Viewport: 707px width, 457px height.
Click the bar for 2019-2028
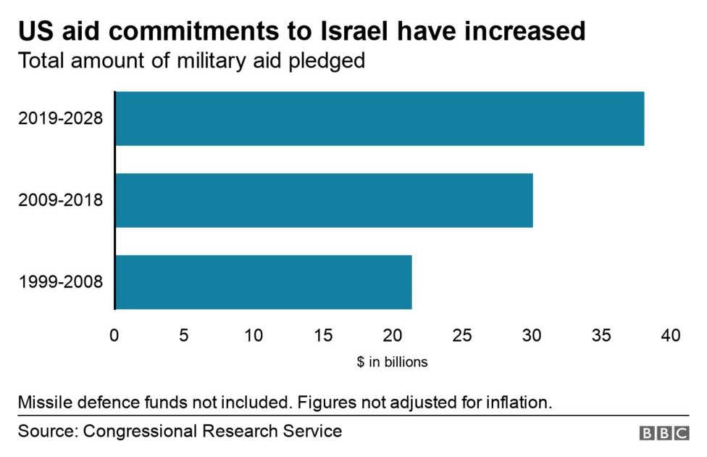(380, 118)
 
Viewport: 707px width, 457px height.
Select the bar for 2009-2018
(324, 200)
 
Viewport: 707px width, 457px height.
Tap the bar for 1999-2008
(264, 281)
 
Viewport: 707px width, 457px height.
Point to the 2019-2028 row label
(61, 118)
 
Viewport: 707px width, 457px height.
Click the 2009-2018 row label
(61, 199)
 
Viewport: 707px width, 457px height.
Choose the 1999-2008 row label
(61, 281)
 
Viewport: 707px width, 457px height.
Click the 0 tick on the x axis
(114, 336)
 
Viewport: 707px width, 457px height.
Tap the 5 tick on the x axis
(184, 336)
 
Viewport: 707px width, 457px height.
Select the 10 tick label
(254, 336)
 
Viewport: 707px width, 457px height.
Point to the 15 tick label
(323, 336)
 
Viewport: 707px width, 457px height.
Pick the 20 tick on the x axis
(393, 336)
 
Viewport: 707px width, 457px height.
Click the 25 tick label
(462, 336)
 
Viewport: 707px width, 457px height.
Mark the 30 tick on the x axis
(532, 336)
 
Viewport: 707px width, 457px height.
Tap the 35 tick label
(601, 336)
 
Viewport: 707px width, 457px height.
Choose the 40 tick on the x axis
(671, 336)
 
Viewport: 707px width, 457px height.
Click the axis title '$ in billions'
(392, 362)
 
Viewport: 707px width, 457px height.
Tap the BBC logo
(664, 432)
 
